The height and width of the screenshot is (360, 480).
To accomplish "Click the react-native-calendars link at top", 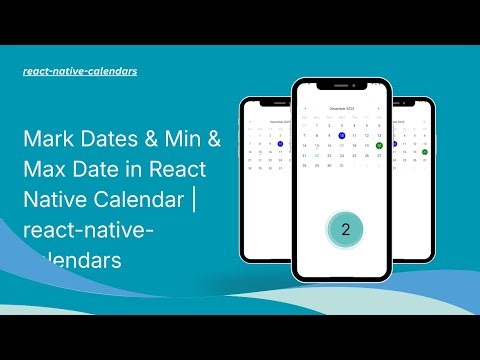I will click(x=80, y=72).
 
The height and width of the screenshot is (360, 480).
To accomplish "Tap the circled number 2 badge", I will click(x=345, y=229).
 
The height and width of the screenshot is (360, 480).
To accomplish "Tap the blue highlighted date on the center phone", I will click(x=342, y=135).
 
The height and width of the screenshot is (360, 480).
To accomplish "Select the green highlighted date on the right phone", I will click(x=424, y=152).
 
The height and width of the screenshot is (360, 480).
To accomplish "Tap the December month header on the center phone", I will click(x=342, y=107).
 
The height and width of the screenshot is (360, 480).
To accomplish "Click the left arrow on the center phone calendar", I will click(x=305, y=107).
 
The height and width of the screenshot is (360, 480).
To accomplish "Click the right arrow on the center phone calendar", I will click(x=378, y=107).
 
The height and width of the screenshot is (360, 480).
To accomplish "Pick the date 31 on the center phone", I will click(x=342, y=165).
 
